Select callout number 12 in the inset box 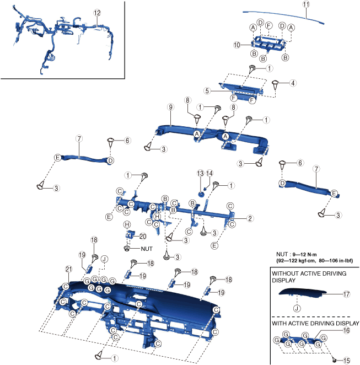coord(97,12)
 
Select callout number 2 coord(250,219)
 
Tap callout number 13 coord(201,173)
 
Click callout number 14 coord(209,173)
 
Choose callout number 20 coord(142,236)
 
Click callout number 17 coord(347,294)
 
